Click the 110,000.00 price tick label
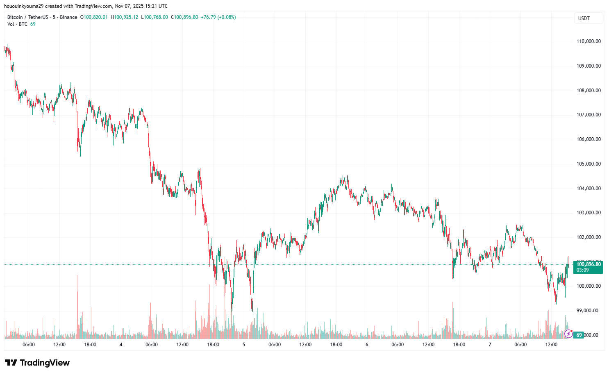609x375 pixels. click(x=589, y=41)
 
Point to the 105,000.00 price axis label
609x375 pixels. click(x=589, y=164)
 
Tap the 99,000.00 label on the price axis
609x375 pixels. click(x=587, y=311)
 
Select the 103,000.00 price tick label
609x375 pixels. click(x=589, y=213)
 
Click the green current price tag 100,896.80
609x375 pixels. click(x=589, y=264)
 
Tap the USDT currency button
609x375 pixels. click(x=584, y=18)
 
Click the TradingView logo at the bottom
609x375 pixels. click(x=37, y=363)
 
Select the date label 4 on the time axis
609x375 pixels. click(x=121, y=345)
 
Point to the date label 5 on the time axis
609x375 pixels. click(x=244, y=345)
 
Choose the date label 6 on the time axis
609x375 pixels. click(x=367, y=345)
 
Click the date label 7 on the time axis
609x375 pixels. click(x=490, y=345)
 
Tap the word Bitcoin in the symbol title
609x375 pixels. click(x=15, y=17)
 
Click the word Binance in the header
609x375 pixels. click(x=68, y=17)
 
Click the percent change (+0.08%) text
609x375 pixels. click(x=227, y=17)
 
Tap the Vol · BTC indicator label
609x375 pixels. click(x=17, y=24)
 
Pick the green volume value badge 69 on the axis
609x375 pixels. click(x=579, y=335)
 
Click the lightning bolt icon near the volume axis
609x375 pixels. click(x=568, y=334)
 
